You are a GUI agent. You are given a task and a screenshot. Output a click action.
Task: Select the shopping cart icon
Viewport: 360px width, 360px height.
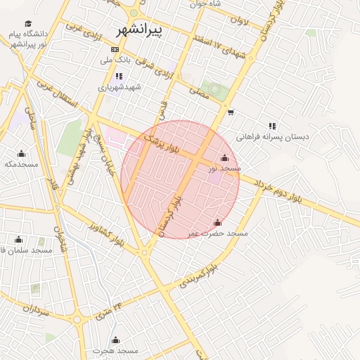click(x=231, y=112)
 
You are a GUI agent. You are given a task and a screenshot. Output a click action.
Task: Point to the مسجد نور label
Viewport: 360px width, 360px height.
click(x=225, y=169)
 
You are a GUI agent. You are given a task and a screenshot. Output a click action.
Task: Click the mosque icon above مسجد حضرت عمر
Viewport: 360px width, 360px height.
click(x=217, y=222)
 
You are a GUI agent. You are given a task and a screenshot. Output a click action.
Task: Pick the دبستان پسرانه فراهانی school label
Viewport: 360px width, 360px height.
click(x=272, y=137)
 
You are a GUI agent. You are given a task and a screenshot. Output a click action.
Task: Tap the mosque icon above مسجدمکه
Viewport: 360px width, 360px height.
click(x=21, y=154)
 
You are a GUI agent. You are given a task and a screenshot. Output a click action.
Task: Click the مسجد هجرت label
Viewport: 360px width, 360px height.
click(x=115, y=349)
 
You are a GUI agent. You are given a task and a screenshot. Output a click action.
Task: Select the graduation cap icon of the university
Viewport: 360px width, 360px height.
click(x=28, y=24)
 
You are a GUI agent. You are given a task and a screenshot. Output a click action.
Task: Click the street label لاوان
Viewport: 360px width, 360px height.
click(x=238, y=21)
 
